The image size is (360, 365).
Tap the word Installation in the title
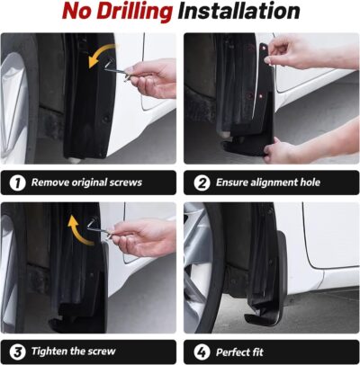[238, 13]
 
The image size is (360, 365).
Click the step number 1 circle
[17, 182]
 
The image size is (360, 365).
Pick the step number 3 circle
[17, 349]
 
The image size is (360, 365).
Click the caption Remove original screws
[86, 182]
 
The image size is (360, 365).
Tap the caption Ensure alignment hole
[267, 182]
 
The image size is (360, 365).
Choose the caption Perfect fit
[242, 349]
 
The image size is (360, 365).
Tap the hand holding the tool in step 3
[153, 237]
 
